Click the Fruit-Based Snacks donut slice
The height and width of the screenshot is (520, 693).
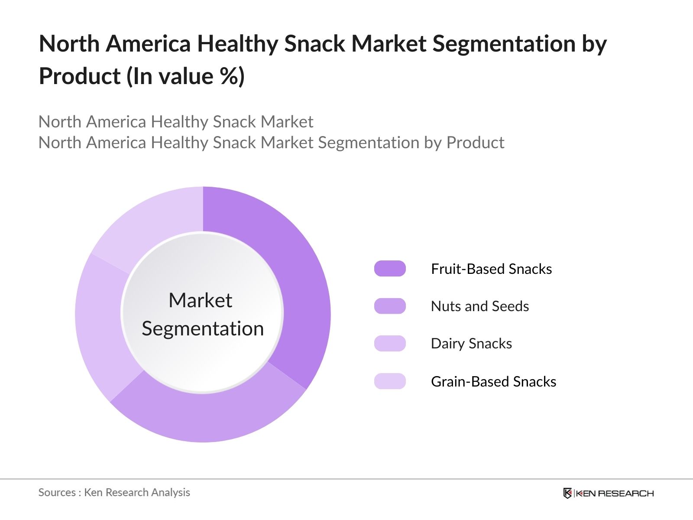[299, 277]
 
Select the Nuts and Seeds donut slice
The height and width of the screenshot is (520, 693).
[208, 416]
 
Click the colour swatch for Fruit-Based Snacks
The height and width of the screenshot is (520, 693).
[390, 269]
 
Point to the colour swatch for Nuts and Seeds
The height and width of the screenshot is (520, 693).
[390, 306]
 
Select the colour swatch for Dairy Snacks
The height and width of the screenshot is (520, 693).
[390, 343]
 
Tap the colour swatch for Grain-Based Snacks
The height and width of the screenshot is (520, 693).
[390, 381]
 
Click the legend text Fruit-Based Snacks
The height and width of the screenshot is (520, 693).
[491, 269]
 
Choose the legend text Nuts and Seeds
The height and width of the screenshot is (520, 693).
[479, 306]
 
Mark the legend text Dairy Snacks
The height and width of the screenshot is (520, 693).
[471, 343]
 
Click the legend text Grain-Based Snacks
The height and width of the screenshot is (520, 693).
[493, 381]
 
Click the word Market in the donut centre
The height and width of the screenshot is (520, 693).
[200, 300]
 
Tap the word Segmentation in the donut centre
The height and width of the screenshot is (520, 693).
[203, 328]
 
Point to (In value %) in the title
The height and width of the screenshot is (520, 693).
[185, 76]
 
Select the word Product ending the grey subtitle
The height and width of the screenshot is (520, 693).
[475, 143]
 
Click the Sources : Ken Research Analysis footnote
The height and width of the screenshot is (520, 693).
[114, 492]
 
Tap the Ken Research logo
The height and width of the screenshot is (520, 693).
[608, 493]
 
